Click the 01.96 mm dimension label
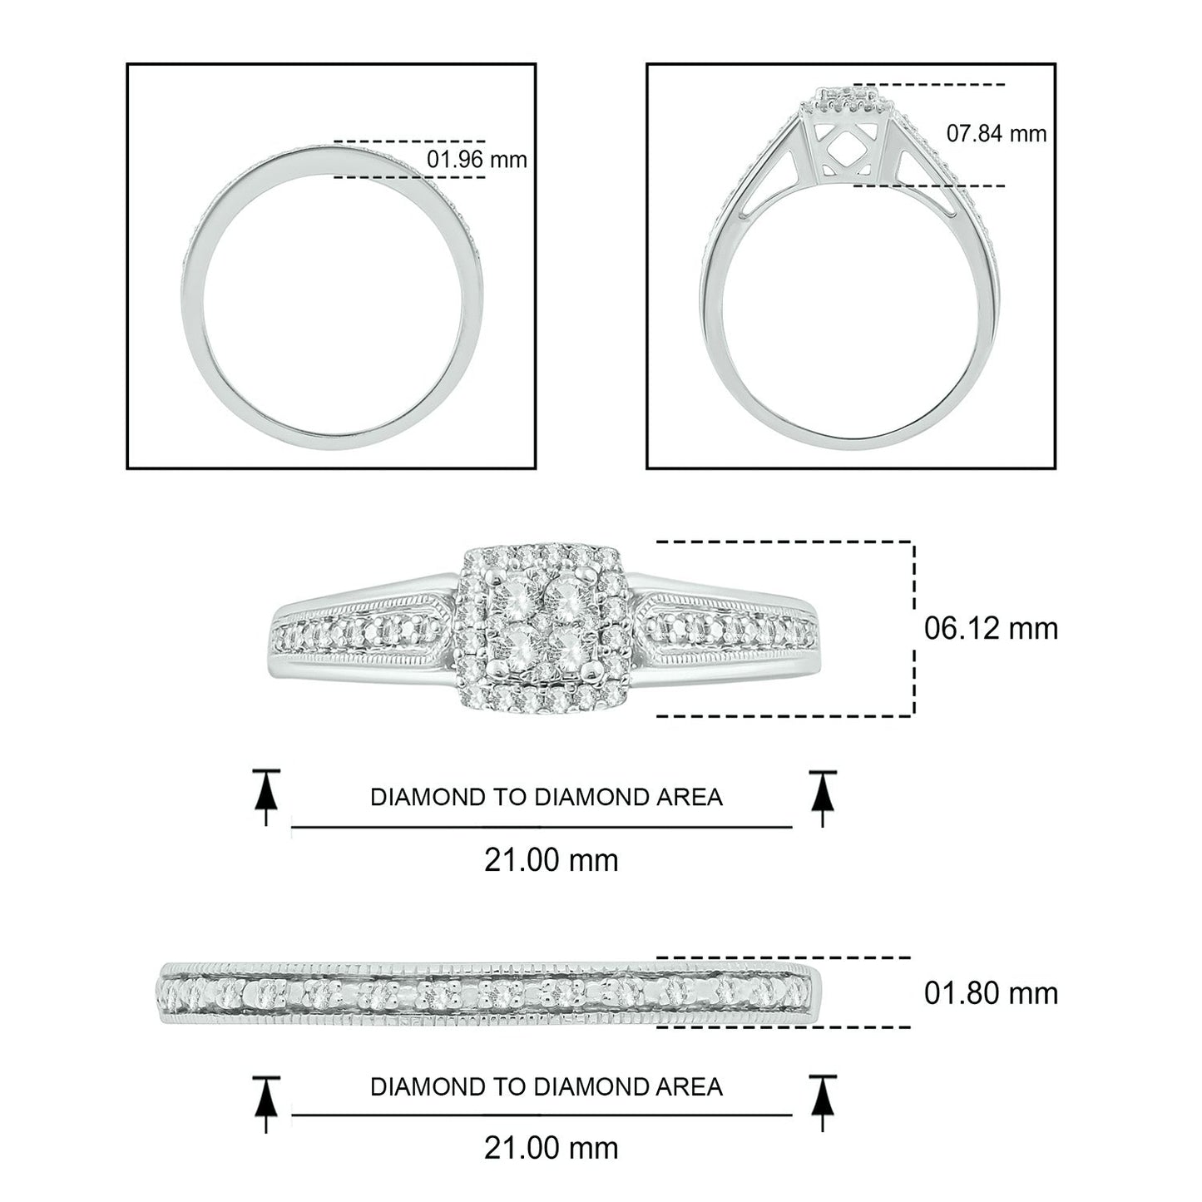pos(477,159)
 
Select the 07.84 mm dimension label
pos(996,133)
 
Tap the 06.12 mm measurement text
pos(991,628)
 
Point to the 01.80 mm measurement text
pos(991,992)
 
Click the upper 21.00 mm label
pos(551,860)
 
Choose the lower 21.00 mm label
pos(551,1149)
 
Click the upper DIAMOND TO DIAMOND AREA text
pos(547,797)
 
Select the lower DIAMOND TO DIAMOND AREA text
pos(547,1086)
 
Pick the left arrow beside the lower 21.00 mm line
pos(265,1103)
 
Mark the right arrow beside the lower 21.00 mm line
pos(822,1103)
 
